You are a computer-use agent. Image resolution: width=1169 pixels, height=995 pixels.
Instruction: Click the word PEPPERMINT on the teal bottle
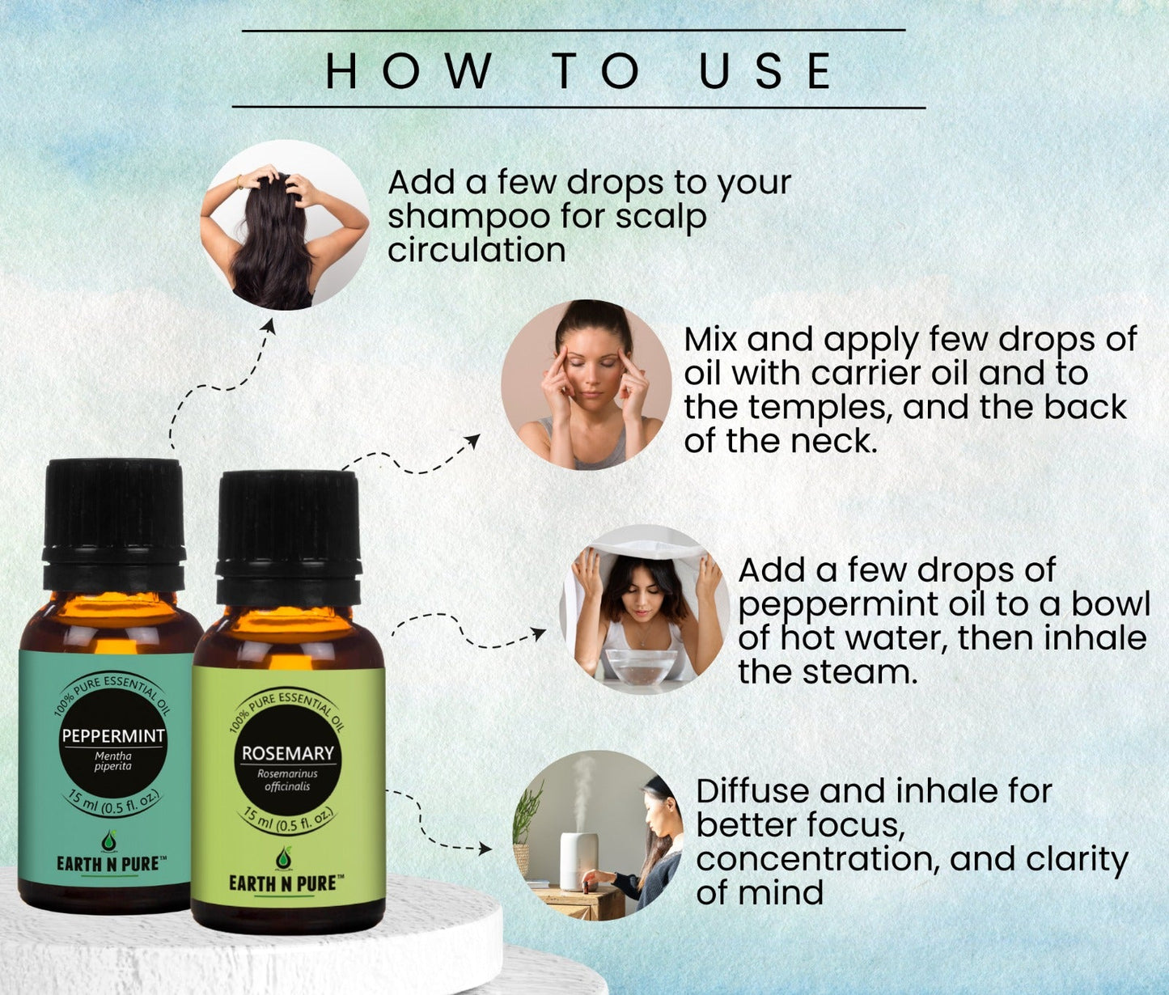pyautogui.click(x=113, y=735)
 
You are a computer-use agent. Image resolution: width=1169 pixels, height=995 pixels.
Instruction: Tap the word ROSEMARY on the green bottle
pyautogui.click(x=288, y=753)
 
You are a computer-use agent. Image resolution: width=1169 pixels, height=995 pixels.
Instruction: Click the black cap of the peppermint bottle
pyautogui.click(x=114, y=523)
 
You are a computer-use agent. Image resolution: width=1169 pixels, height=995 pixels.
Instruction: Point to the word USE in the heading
pyautogui.click(x=766, y=71)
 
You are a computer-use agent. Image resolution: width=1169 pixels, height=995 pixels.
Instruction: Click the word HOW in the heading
pyautogui.click(x=409, y=71)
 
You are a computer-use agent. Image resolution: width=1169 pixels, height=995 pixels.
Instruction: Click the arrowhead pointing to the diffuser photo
pyautogui.click(x=485, y=849)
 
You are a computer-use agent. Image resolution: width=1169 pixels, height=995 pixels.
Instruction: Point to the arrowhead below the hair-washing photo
pyautogui.click(x=269, y=326)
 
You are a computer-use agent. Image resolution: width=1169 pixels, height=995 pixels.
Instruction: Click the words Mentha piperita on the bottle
pyautogui.click(x=113, y=761)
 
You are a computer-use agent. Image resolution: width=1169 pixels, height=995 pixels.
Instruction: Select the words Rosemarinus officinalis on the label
pyautogui.click(x=287, y=780)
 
